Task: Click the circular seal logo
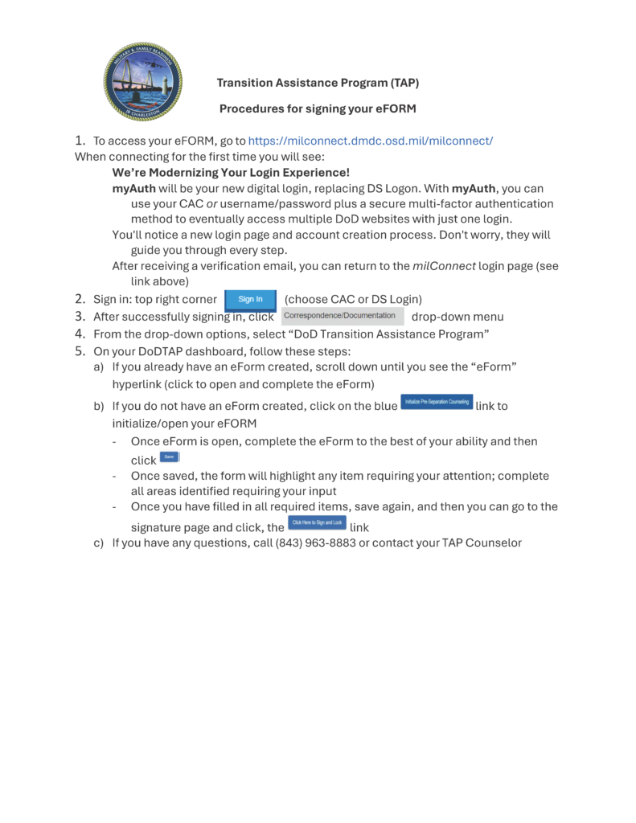(142, 82)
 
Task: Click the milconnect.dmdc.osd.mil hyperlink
(370, 141)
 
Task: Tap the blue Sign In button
(251, 300)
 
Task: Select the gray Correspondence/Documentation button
(343, 316)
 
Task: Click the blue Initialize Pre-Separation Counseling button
(437, 402)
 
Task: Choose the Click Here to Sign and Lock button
(317, 523)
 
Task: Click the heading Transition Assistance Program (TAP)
(318, 83)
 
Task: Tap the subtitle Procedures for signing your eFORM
(318, 108)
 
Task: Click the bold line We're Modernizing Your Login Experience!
(231, 173)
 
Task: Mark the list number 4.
(80, 334)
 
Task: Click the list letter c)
(99, 543)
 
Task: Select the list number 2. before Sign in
(80, 300)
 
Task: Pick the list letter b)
(99, 406)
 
